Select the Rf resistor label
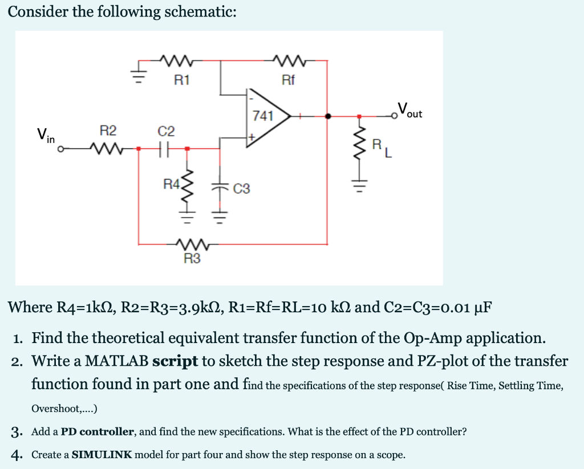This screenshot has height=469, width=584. point(289,80)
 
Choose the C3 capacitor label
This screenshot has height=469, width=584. point(241,188)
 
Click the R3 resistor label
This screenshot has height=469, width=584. point(192,259)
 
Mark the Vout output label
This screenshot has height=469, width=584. point(410,109)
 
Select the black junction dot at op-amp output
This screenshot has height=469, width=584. point(327,116)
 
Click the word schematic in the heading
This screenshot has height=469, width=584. point(199,12)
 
